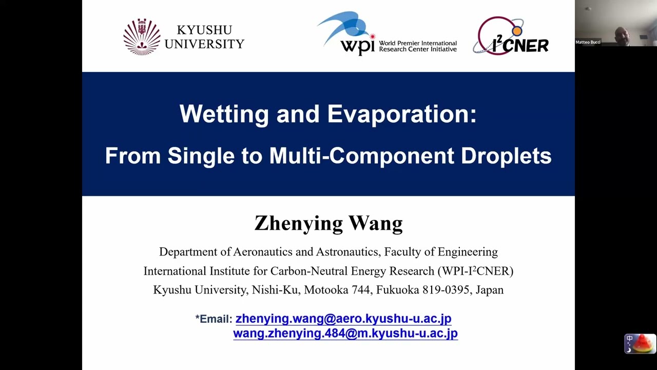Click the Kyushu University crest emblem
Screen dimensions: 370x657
point(142,36)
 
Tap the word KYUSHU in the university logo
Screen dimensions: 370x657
point(204,30)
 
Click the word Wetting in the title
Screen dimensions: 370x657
point(224,114)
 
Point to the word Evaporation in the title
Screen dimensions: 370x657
point(401,114)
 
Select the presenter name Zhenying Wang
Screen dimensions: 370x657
point(328,224)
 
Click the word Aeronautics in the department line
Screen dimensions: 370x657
point(263,252)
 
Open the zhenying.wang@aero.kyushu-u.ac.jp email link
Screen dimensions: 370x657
point(343,319)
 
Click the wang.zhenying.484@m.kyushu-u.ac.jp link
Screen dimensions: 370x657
point(345,334)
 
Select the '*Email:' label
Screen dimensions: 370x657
point(214,319)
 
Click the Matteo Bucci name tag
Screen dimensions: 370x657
point(588,42)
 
